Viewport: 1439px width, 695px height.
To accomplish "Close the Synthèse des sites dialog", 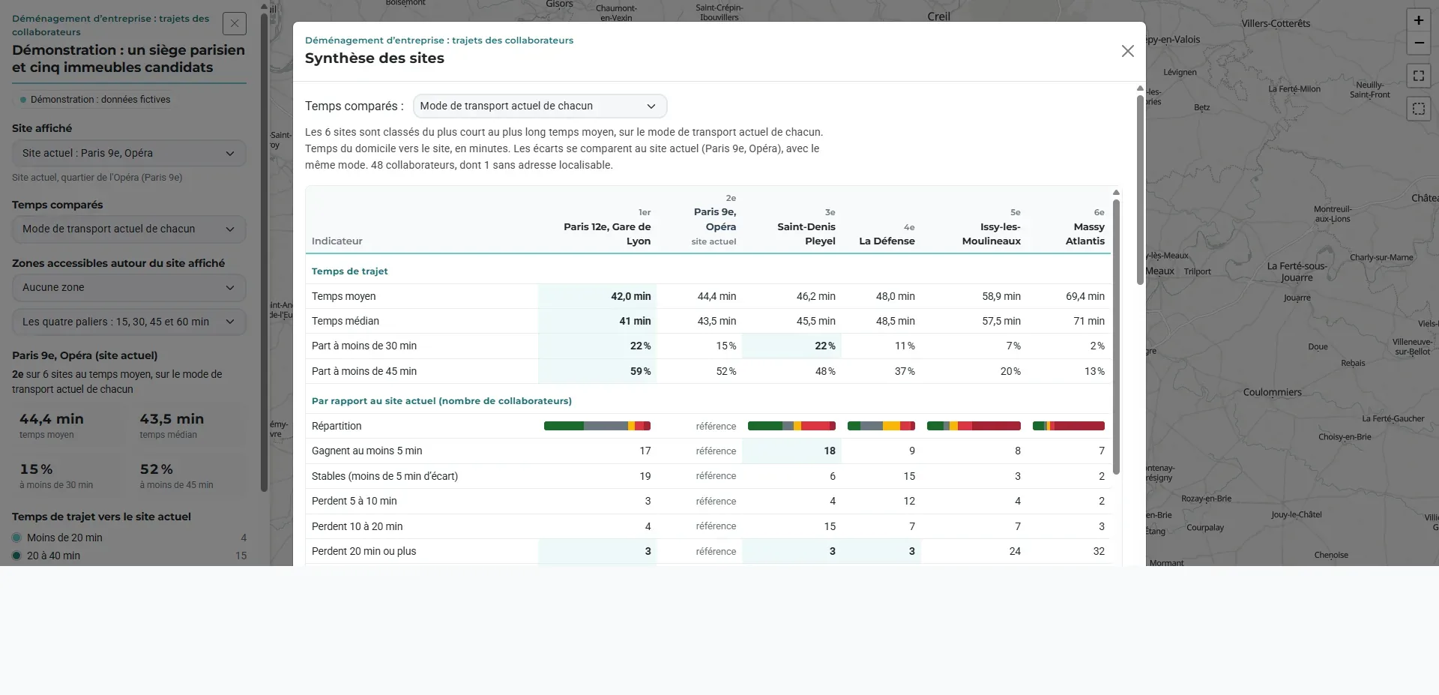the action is [1127, 51].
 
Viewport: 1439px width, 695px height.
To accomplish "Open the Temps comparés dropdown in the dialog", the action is [540, 106].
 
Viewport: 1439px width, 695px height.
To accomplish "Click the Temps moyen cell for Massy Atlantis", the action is [1084, 296].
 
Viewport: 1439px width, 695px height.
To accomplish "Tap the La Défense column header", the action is [887, 235].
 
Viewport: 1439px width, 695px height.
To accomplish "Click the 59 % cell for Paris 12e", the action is [640, 371].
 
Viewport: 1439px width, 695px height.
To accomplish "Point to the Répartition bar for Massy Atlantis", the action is [1068, 426].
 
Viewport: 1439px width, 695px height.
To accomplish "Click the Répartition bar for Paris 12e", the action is [597, 426].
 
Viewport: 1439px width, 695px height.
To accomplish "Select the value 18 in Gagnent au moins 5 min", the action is [829, 451].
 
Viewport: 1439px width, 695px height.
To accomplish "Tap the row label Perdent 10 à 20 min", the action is [357, 526].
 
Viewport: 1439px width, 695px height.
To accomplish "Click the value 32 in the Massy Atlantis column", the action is [1098, 551].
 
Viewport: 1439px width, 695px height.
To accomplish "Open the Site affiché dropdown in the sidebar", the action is [129, 153].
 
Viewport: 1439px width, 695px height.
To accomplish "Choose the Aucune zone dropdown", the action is [129, 287].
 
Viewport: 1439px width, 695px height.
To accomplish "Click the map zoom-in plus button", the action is [1418, 20].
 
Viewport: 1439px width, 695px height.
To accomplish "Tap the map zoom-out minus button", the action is [1418, 43].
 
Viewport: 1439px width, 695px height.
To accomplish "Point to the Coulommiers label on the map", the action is [1272, 392].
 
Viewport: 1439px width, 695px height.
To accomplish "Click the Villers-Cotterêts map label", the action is [1276, 23].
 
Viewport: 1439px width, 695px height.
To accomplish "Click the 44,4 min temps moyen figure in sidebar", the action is [52, 419].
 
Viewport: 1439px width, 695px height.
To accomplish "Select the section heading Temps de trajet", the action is [349, 271].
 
